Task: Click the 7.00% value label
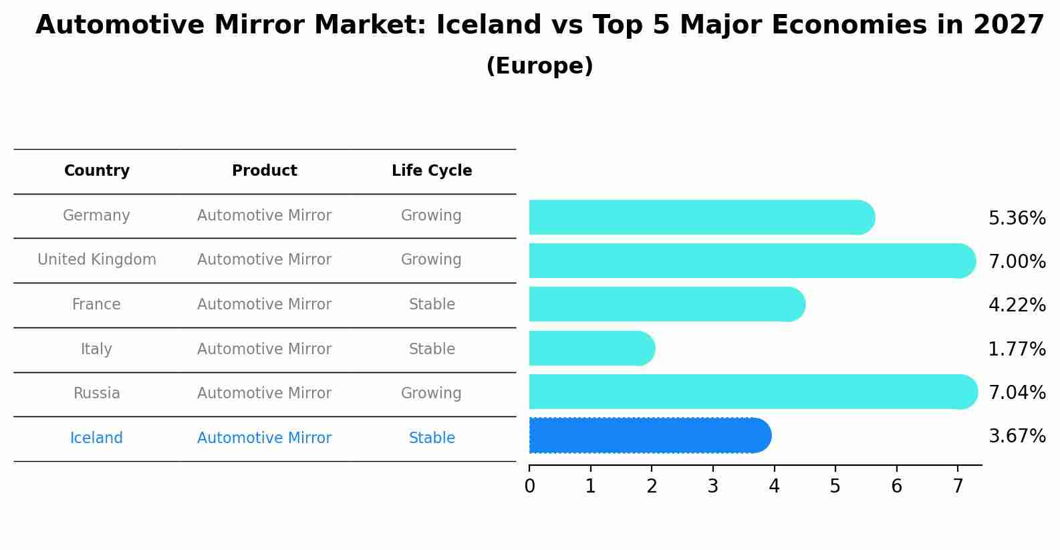coord(1017,261)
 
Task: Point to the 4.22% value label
coord(1017,305)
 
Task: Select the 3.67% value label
coord(1017,436)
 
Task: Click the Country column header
coord(97,171)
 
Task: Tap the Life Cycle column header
coord(432,171)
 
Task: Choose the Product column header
coord(265,171)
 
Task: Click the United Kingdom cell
coord(97,260)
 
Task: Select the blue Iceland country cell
coord(97,438)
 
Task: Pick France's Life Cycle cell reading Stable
coord(432,305)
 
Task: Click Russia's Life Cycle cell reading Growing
coord(431,394)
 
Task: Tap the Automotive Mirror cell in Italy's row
coord(265,349)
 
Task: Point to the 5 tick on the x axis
coord(835,487)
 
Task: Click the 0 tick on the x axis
coord(529,487)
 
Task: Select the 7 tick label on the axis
coord(958,487)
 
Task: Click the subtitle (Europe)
coord(539,66)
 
